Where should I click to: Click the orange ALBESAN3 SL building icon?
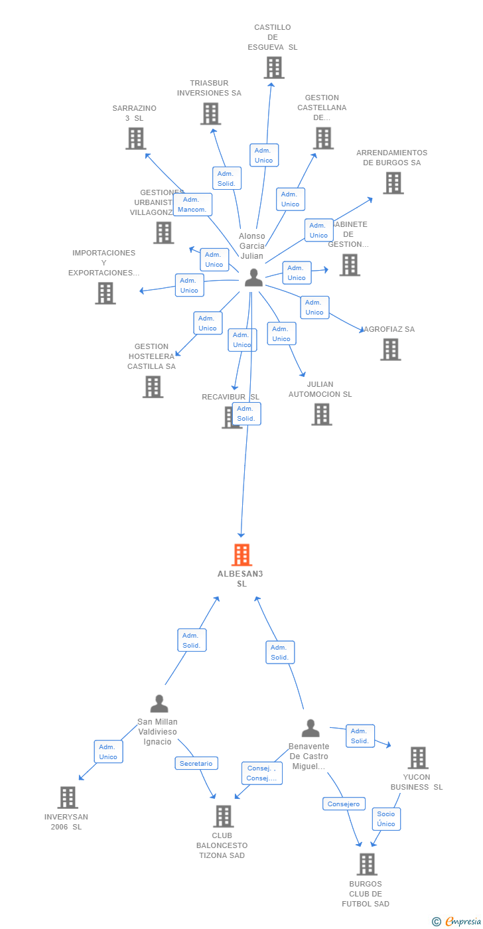(241, 555)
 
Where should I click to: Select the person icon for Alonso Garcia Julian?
(253, 277)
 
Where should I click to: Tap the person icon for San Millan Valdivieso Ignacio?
(159, 703)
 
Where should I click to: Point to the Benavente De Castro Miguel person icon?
(310, 728)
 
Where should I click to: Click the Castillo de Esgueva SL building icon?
(273, 68)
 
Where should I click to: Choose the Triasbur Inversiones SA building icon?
(210, 113)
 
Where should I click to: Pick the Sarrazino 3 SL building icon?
(135, 138)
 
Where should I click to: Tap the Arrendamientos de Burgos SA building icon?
(393, 182)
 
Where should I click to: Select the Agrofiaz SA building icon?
(390, 349)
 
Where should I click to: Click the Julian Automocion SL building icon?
(321, 414)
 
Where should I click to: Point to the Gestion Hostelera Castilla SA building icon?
(153, 386)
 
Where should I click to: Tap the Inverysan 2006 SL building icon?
(68, 797)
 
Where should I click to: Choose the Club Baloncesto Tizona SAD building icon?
(224, 816)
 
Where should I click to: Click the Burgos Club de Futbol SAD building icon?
(366, 864)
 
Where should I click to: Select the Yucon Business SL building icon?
(417, 757)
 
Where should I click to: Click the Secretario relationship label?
(196, 763)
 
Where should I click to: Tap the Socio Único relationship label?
(386, 819)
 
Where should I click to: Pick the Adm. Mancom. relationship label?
(192, 204)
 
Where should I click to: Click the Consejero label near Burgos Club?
(344, 804)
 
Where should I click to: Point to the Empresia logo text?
(462, 921)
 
